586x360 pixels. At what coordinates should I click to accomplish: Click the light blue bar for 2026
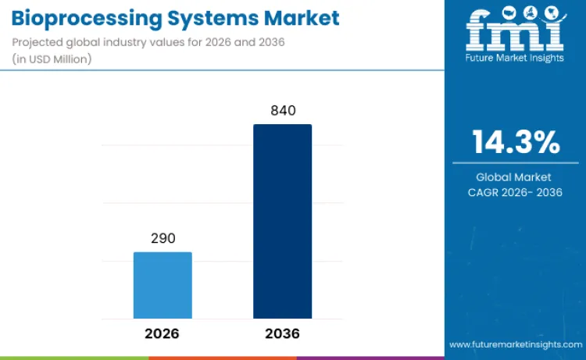(163, 285)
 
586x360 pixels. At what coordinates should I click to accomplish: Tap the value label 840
(282, 111)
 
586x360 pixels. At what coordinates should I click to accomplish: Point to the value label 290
(163, 238)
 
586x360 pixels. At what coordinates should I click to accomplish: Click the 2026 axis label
(163, 333)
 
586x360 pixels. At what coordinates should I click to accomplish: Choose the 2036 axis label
(282, 333)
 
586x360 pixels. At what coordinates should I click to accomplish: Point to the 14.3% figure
(516, 142)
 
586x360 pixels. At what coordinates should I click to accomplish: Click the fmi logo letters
(515, 32)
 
